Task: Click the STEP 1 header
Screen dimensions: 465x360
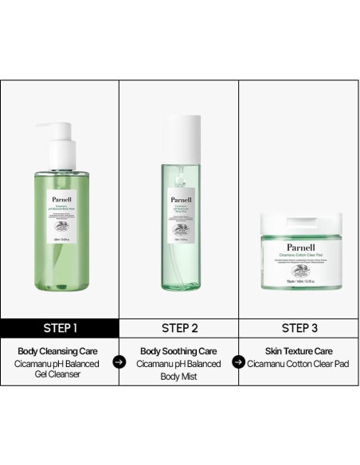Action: pos(60,326)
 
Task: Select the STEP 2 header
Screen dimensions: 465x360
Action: pos(179,326)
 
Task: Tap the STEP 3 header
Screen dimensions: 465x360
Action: pos(299,326)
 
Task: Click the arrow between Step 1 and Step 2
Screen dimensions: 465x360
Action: pos(119,361)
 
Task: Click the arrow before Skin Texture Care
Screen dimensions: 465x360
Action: pos(237,361)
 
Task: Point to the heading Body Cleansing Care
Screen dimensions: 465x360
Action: pos(60,350)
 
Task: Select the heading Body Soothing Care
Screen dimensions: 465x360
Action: pos(179,350)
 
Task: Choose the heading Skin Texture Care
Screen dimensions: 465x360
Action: pos(299,350)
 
